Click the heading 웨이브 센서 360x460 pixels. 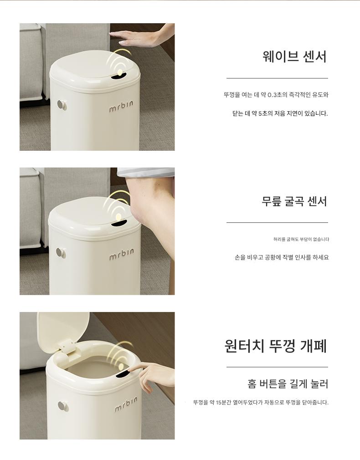(x=294, y=56)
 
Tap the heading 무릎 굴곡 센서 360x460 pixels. (x=294, y=201)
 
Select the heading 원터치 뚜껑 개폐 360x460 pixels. (x=276, y=346)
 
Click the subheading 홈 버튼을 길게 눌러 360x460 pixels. (x=288, y=384)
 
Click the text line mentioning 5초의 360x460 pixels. (x=280, y=113)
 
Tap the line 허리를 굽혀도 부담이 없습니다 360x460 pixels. (x=301, y=240)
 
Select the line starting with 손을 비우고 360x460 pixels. (x=282, y=257)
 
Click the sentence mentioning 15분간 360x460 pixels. (x=261, y=402)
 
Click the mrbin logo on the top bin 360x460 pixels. (x=121, y=106)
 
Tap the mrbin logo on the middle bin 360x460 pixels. (x=122, y=254)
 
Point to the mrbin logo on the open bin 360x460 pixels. (x=125, y=404)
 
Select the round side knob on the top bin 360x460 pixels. (x=62, y=105)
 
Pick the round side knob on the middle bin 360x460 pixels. (x=61, y=253)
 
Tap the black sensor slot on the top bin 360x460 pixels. (x=118, y=77)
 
